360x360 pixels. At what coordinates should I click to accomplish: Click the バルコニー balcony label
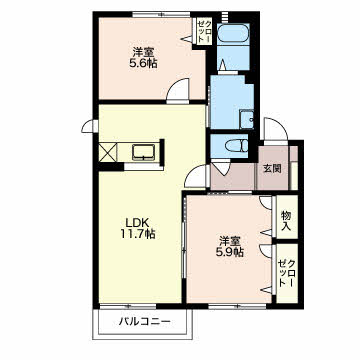tap(145, 322)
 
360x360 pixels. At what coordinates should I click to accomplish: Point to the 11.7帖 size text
tap(138, 234)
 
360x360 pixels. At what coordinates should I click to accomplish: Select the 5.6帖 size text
tap(143, 63)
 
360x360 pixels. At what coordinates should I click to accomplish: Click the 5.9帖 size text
tap(230, 252)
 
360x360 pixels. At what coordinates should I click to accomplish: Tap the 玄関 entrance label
tap(273, 169)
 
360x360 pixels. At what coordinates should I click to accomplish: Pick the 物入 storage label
tap(286, 221)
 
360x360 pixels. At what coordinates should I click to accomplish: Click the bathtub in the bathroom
tap(233, 33)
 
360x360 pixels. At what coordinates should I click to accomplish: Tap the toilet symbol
tap(237, 146)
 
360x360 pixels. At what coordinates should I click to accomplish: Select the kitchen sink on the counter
tap(143, 152)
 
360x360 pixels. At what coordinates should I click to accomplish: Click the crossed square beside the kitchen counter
tap(108, 152)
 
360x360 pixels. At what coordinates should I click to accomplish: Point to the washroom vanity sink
tap(247, 119)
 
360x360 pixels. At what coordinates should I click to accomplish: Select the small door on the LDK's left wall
tap(89, 126)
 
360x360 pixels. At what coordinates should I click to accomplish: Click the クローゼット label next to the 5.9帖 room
tap(286, 273)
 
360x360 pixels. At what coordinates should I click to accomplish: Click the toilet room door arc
tap(220, 167)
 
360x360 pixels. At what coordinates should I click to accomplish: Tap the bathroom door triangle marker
tap(222, 66)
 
